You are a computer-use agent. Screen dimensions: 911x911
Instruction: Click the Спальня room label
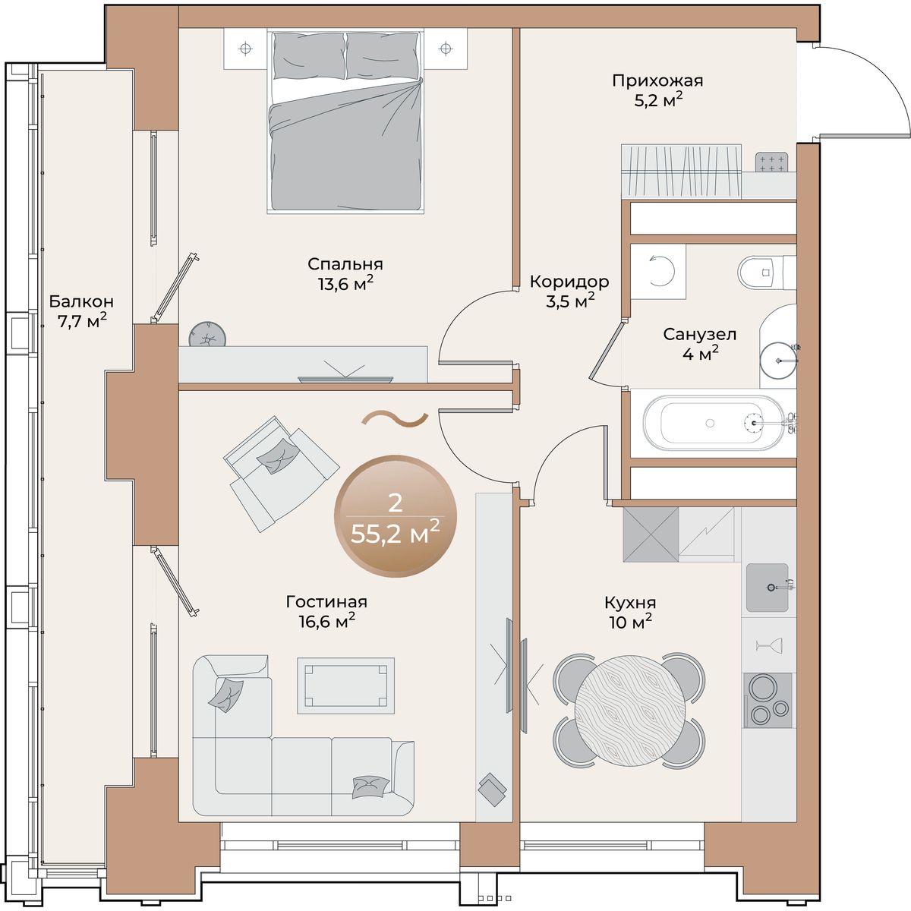point(345,263)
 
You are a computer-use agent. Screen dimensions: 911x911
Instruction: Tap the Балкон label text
point(82,301)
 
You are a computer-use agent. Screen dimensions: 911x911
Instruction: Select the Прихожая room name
point(657,80)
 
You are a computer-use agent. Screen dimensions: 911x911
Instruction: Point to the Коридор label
point(569,282)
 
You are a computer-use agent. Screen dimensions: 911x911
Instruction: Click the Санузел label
point(700,334)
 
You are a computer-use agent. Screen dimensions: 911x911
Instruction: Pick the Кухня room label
point(630,603)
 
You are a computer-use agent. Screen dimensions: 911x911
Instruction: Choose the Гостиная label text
point(326,602)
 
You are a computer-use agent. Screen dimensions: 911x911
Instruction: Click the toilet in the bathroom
point(766,272)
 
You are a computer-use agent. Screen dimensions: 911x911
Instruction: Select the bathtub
point(714,423)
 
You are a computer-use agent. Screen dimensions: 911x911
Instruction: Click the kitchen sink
point(768,588)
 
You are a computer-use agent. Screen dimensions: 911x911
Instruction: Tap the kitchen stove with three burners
point(768,700)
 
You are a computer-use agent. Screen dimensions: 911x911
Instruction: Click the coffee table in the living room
point(345,686)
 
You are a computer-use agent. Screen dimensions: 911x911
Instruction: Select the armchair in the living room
point(282,474)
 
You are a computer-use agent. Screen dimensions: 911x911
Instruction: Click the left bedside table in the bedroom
point(245,49)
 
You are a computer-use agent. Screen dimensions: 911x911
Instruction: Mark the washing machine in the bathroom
point(658,271)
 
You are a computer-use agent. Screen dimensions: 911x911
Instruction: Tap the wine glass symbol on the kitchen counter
point(769,645)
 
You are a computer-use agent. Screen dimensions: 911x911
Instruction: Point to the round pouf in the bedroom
point(207,335)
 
